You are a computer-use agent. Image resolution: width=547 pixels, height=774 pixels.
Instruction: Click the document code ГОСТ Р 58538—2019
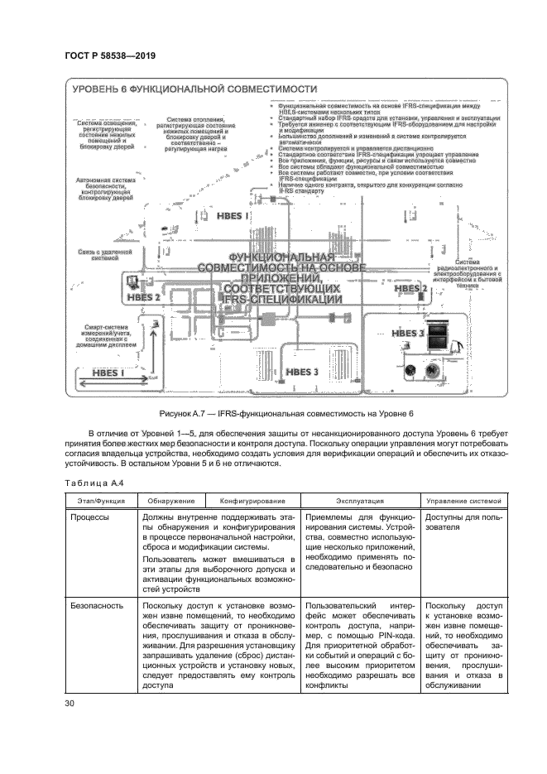(x=110, y=56)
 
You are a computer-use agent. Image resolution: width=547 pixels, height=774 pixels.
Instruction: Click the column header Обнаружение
(x=171, y=501)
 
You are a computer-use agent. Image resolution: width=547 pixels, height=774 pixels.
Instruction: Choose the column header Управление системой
(x=463, y=501)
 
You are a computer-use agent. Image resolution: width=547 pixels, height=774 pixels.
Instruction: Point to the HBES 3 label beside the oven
(x=409, y=333)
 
